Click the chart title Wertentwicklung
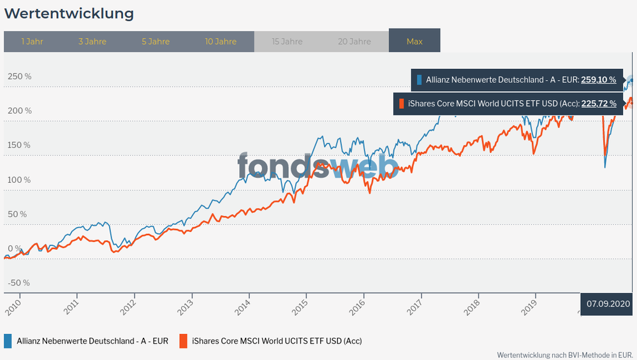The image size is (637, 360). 69,13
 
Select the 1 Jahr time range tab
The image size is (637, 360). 32,41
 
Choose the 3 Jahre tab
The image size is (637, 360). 92,41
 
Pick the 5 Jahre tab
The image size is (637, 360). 156,41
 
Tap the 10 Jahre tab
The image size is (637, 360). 221,41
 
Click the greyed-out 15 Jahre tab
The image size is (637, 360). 287,41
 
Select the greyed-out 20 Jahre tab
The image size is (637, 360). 354,41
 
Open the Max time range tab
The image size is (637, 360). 414,41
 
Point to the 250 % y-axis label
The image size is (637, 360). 19,76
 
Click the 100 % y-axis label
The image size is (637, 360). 19,180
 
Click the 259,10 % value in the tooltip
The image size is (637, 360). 598,80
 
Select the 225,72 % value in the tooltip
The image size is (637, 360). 598,103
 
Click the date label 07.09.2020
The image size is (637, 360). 608,304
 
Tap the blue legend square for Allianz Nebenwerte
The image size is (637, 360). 8,341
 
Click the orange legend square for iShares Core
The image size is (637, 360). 184,341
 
